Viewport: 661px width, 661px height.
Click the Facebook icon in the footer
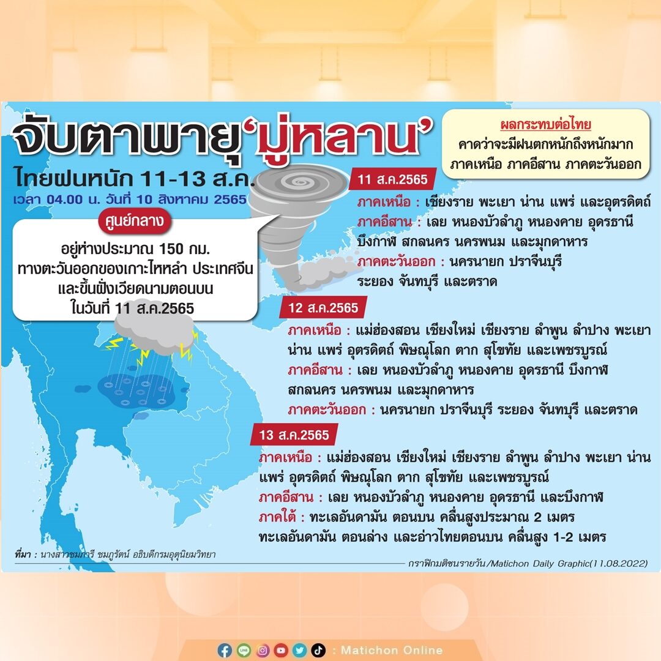tap(225, 651)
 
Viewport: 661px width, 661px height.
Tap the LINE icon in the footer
tap(244, 651)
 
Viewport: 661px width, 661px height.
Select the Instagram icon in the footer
tap(262, 651)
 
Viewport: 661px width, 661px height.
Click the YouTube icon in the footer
tap(281, 651)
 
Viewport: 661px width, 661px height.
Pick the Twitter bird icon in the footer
tap(300, 651)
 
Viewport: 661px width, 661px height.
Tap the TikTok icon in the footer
tap(318, 651)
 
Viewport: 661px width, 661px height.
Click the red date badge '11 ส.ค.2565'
tap(392, 179)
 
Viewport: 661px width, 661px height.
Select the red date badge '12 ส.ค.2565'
tap(323, 308)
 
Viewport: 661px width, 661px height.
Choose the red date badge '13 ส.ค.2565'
tap(294, 435)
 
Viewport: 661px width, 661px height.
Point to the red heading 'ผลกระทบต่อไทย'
tap(545, 124)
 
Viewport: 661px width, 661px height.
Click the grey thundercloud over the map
tap(154, 332)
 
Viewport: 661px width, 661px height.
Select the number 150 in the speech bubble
tap(171, 248)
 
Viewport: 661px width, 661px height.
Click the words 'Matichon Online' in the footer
tap(392, 650)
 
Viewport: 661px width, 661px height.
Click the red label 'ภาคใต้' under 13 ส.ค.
tap(277, 517)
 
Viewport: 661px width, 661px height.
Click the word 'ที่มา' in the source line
tap(23, 555)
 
